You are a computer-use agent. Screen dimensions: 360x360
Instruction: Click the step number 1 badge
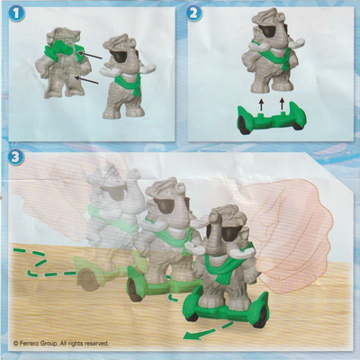16,13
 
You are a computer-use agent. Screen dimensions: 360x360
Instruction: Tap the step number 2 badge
193,13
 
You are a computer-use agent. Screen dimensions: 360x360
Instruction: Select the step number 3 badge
16,157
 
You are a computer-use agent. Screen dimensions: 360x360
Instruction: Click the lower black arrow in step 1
86,80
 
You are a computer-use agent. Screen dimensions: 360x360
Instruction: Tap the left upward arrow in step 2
261,104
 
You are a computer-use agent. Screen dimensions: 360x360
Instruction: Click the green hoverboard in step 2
272,119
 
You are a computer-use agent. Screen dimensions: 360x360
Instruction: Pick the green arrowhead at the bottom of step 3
190,336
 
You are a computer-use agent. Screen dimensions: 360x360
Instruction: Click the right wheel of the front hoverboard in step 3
260,318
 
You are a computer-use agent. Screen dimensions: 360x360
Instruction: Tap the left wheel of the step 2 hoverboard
245,126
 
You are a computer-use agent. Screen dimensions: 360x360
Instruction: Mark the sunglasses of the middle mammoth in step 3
167,206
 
